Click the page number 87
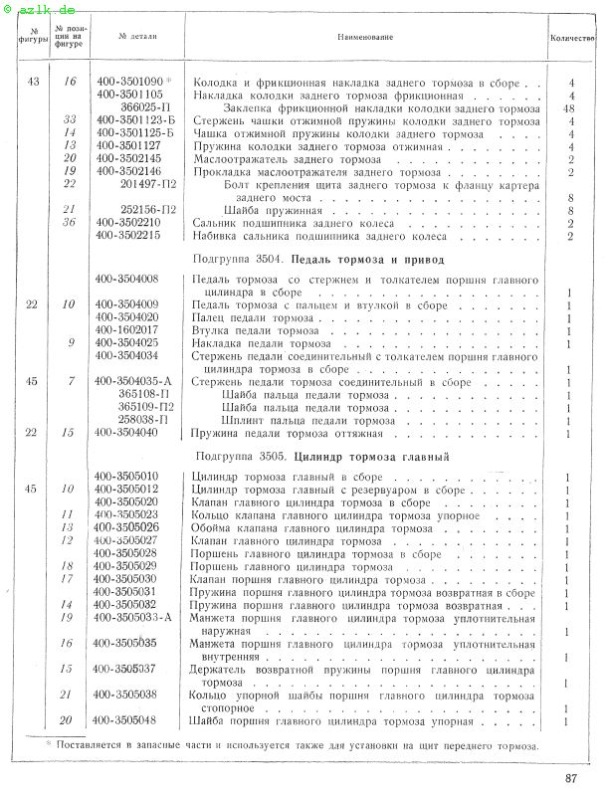570,778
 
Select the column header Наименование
365,37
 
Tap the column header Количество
572,37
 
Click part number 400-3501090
129,82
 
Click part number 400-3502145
129,158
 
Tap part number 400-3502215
129,236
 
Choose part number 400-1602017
129,330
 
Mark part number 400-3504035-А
135,382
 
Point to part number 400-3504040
129,433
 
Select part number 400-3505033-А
135,617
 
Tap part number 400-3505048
129,720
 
